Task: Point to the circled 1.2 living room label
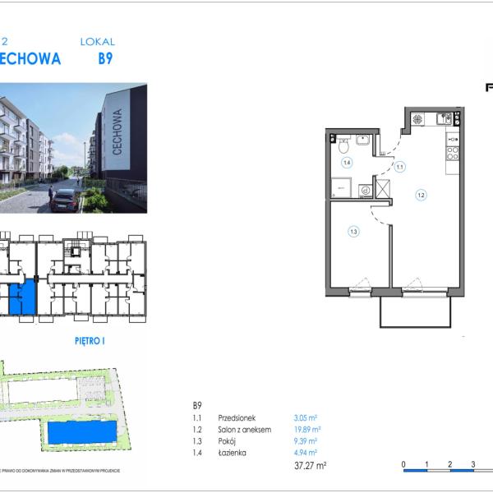pos(420,196)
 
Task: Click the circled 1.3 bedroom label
pos(353,232)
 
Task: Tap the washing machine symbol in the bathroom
pos(366,190)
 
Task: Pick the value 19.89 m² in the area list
pos(306,429)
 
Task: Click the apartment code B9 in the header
pos(105,59)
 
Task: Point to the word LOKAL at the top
pos(97,41)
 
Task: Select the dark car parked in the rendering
pos(64,200)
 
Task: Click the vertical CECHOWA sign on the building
pos(120,132)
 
